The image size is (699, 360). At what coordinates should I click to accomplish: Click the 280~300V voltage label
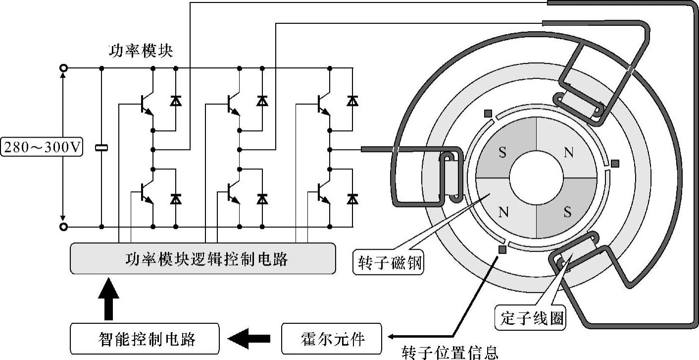click(41, 148)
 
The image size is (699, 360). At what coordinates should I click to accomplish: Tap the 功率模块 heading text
click(141, 51)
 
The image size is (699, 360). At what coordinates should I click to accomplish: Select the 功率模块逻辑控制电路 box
click(202, 258)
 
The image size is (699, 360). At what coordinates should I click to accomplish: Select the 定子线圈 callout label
click(531, 318)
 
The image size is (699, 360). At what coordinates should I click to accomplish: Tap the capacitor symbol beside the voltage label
click(101, 148)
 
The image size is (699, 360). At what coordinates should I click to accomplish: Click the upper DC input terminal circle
click(63, 68)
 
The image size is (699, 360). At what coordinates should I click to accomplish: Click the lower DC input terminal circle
click(63, 227)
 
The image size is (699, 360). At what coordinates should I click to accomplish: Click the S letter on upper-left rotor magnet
click(502, 153)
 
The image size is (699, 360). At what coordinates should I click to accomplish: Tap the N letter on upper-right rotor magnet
click(568, 153)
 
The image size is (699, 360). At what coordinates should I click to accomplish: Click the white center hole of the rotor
click(536, 182)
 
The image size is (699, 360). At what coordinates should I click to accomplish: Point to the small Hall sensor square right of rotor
click(615, 163)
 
